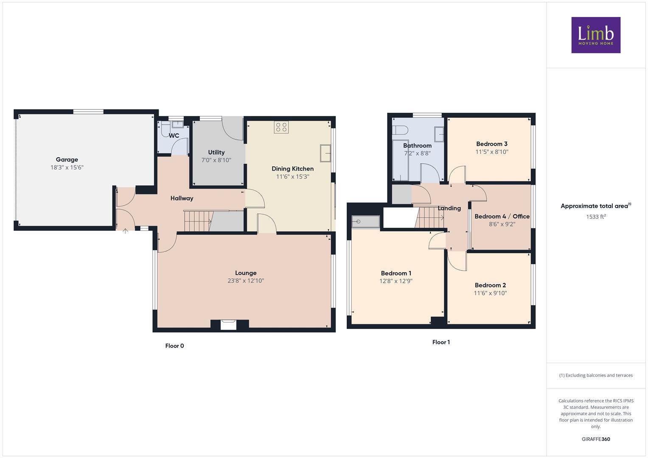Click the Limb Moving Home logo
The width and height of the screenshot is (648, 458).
(x=595, y=35)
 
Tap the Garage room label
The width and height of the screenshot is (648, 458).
(x=67, y=159)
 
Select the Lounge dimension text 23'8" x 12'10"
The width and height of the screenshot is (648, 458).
(x=246, y=281)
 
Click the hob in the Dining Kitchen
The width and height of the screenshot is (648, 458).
(x=281, y=127)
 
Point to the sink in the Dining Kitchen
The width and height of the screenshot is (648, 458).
(x=325, y=153)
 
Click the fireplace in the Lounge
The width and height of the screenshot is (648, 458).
(x=229, y=324)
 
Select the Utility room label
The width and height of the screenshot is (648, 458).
(x=216, y=152)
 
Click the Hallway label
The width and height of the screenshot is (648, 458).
(x=182, y=198)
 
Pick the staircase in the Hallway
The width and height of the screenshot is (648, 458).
(x=198, y=221)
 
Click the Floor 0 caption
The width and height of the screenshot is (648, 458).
(x=174, y=346)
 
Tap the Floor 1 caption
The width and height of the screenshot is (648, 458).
(x=441, y=342)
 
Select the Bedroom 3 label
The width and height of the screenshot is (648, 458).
(x=491, y=144)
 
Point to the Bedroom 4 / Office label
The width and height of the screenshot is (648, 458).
(x=502, y=216)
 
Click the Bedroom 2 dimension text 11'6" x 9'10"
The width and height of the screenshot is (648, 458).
(x=490, y=293)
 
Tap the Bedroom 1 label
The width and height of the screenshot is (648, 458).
(x=396, y=273)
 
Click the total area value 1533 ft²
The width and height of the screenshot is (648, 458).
(x=596, y=217)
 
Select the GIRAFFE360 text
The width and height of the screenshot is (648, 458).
(x=596, y=439)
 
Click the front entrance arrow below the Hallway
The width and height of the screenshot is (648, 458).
(x=126, y=231)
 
